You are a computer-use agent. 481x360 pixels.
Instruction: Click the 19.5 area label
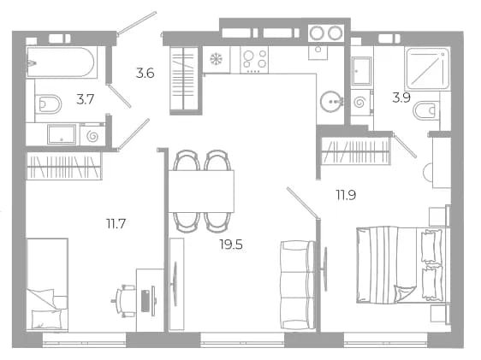point(231,245)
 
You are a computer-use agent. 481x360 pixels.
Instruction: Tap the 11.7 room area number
point(116,224)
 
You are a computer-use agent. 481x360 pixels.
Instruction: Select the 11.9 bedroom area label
point(346,195)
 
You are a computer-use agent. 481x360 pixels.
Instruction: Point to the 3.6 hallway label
point(145,74)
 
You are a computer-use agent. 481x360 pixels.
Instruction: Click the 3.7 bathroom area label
point(85,99)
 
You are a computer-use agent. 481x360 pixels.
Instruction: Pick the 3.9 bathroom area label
point(401,97)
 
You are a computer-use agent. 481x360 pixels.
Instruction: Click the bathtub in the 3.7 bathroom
point(62,62)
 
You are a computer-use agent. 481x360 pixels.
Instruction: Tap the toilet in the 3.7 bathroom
point(49,104)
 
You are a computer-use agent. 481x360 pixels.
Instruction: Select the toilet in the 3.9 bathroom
point(426,110)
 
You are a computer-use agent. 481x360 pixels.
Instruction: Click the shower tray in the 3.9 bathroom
point(428,68)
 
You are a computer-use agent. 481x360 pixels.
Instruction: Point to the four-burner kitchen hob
point(254,60)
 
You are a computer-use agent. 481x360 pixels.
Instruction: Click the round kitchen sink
point(331,101)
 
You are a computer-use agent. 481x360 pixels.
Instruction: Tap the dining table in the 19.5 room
point(201,192)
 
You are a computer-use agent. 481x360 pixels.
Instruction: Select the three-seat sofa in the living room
point(298,285)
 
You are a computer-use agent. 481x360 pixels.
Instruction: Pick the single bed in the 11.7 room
point(47,285)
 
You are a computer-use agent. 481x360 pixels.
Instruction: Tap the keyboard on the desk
point(145,301)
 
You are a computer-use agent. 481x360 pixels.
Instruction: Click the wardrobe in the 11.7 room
point(64,166)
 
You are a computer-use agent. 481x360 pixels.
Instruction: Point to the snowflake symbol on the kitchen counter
point(216,59)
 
